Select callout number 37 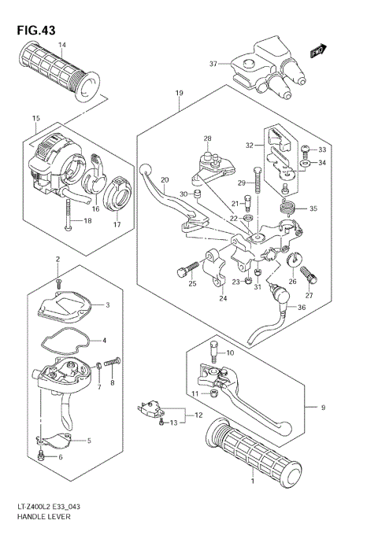coord(213,65)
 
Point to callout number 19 coord(179,94)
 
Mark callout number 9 coord(322,407)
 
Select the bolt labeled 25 coord(184,272)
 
